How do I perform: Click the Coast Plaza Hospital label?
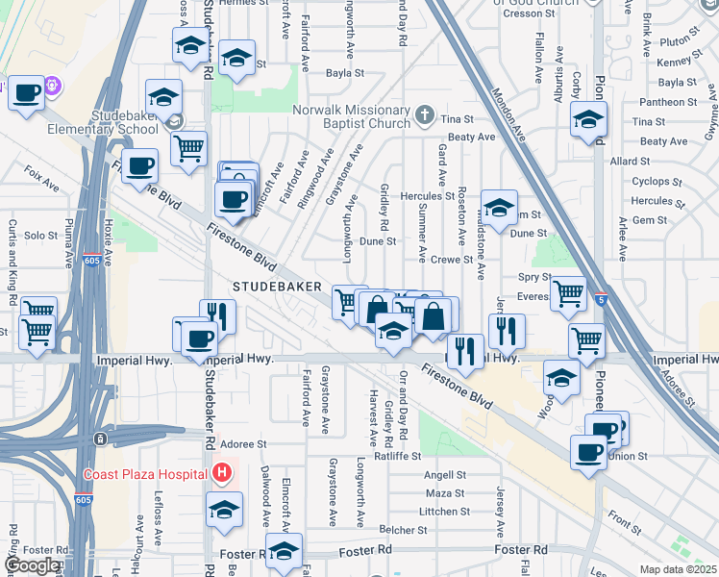pos(145,474)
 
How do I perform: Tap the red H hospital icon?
pos(223,473)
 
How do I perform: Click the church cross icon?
pos(425,117)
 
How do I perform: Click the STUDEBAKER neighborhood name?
pos(271,287)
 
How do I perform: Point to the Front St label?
pos(626,525)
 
